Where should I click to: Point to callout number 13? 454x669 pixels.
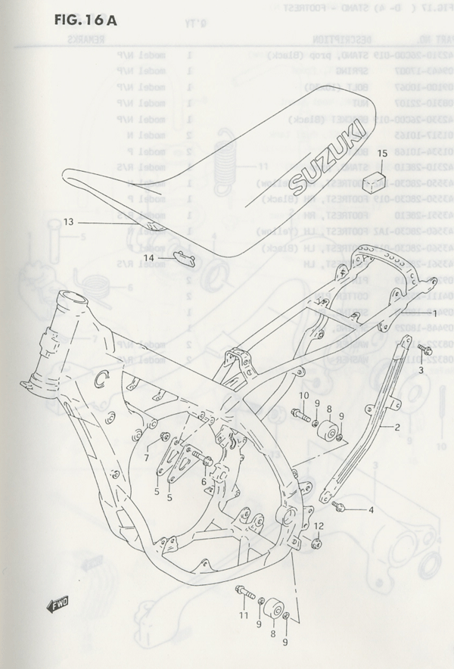68,222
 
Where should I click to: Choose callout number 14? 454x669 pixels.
149,258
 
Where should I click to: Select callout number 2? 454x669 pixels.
395,427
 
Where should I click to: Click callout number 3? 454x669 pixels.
421,370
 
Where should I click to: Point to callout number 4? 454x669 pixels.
372,510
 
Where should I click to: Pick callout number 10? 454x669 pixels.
303,395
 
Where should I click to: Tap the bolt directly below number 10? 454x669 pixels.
300,413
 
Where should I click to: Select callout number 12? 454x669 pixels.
319,526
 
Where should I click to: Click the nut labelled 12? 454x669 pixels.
317,543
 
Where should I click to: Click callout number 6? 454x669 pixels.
204,481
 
